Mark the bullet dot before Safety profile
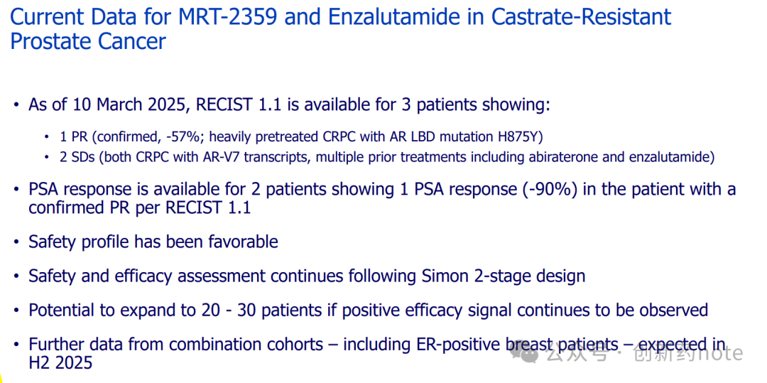(17, 242)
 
